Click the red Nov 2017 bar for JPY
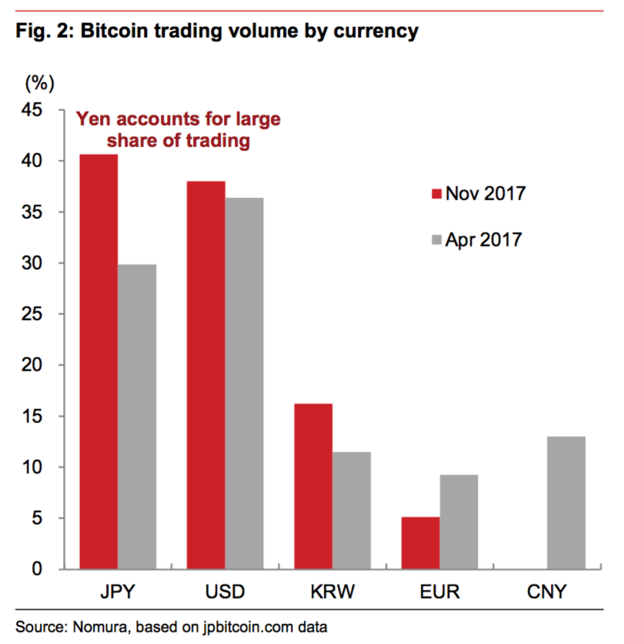coord(98,362)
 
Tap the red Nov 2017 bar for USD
coord(206,375)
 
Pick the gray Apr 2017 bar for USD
coord(244,383)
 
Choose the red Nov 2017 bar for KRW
coord(314,486)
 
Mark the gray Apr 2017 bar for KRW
coord(352,510)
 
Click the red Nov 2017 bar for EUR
coord(421,542)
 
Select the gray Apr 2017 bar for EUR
coord(459,522)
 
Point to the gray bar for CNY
coord(566,502)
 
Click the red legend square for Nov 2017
coord(435,193)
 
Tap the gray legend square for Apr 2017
coord(435,240)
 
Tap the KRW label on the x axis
coord(333,592)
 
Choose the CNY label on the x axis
coord(548,592)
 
